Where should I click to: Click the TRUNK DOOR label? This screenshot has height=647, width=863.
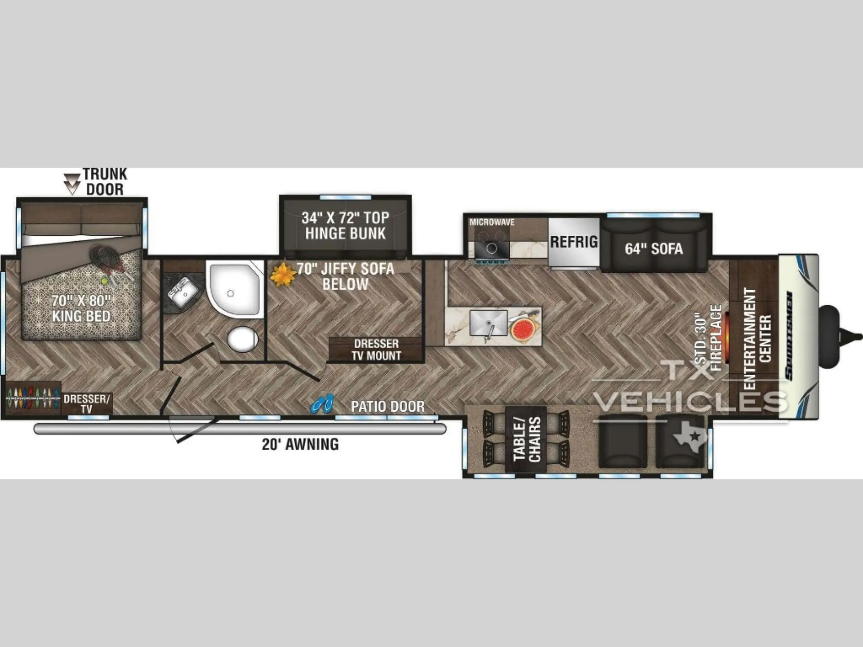tap(105, 182)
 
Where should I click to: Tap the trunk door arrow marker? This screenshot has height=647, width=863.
tap(72, 184)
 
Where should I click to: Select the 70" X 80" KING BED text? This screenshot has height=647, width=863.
tap(81, 308)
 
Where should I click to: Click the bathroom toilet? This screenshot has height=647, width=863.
tap(243, 339)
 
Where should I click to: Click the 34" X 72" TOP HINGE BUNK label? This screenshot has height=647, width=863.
tap(345, 226)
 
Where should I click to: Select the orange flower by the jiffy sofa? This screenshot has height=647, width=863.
tap(282, 275)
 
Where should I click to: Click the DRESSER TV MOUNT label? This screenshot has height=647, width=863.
tap(376, 350)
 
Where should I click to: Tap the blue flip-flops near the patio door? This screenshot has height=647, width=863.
tap(322, 403)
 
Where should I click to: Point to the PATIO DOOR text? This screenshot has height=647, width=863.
tap(387, 407)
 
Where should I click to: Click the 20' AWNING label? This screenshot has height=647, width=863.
tap(300, 444)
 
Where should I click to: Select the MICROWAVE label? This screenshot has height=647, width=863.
tap(492, 222)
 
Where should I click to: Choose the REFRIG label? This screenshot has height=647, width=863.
tap(574, 242)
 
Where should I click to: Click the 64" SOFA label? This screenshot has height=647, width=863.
tap(654, 249)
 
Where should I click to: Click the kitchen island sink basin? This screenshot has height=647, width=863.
tap(489, 323)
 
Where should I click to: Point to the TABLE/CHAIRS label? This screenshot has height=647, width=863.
tap(527, 439)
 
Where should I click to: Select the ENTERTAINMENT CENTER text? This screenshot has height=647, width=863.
tap(758, 339)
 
